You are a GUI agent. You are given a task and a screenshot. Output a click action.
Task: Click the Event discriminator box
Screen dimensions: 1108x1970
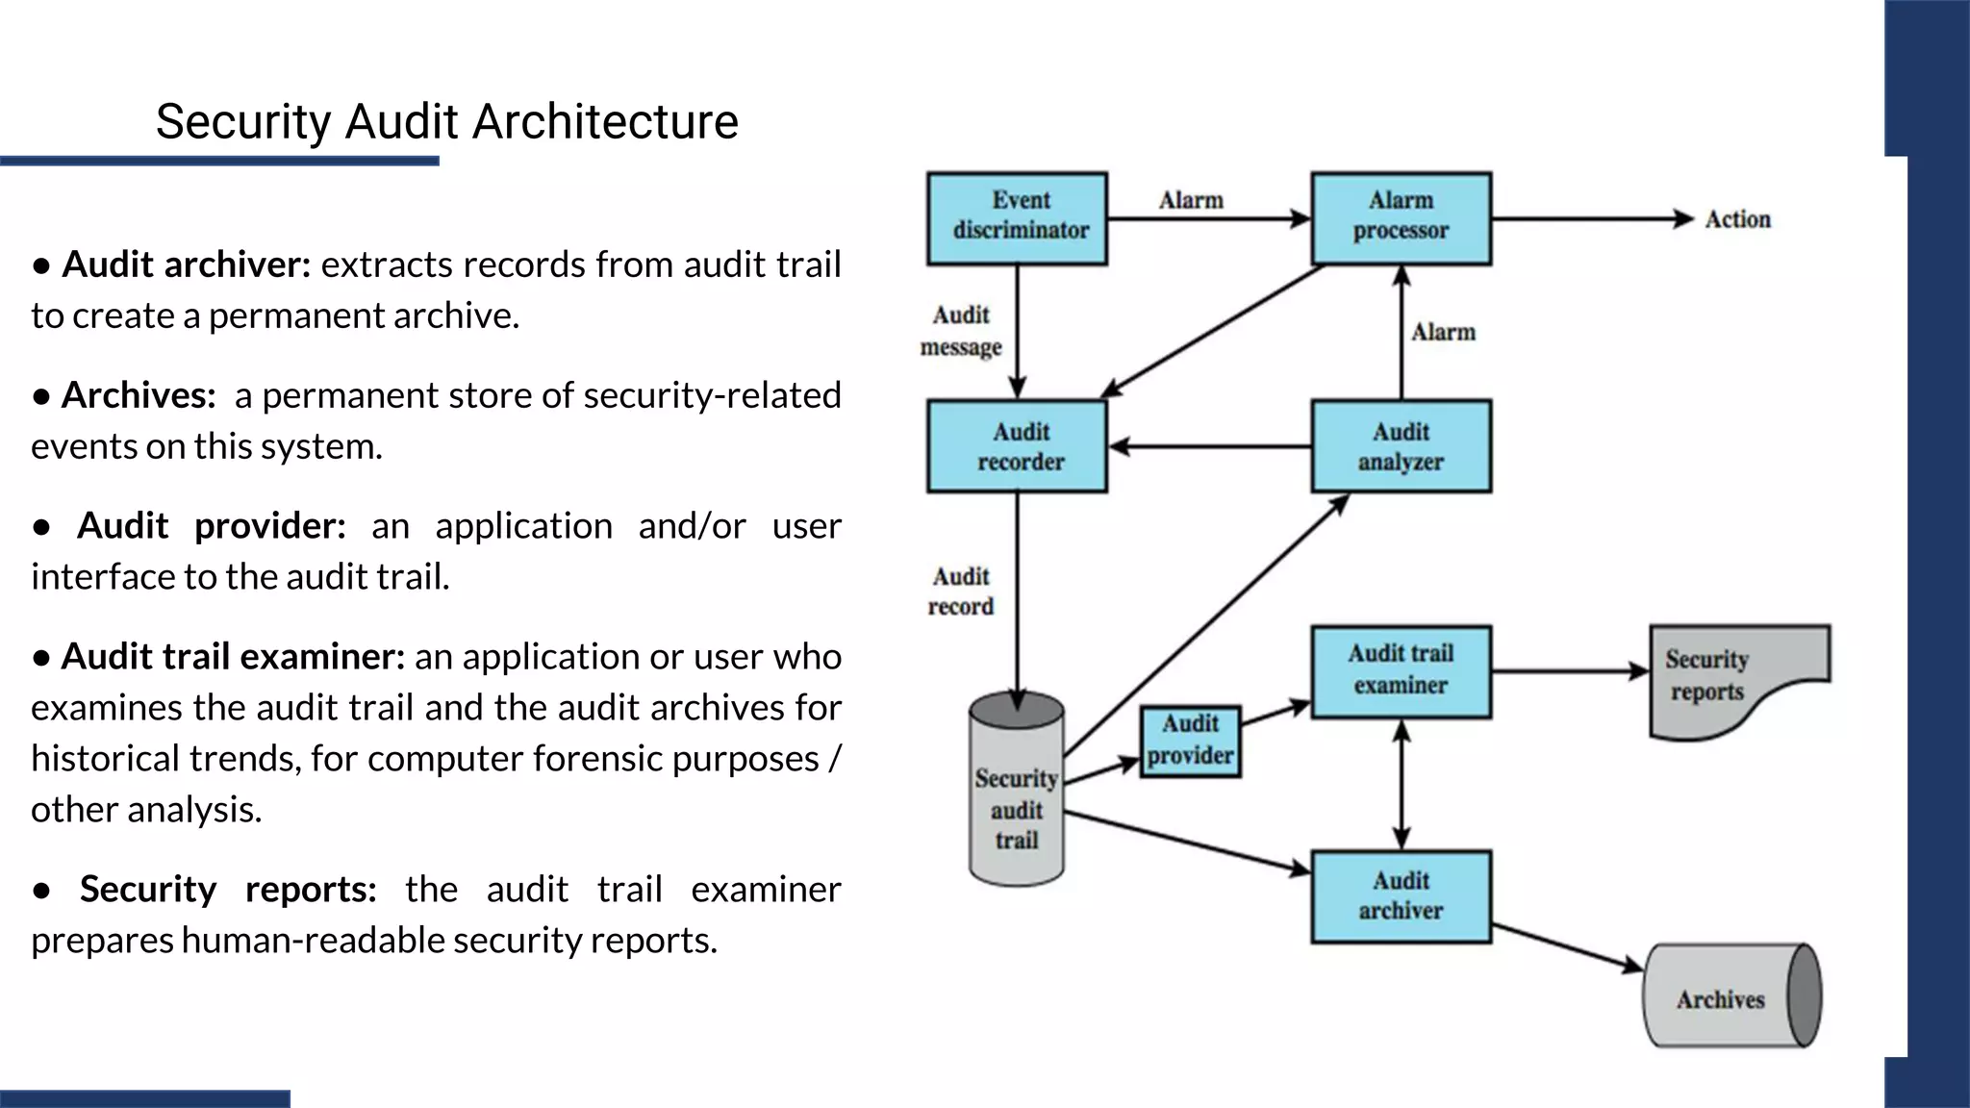[1017, 218]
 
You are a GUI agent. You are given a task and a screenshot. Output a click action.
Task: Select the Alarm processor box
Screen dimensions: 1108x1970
[1401, 218]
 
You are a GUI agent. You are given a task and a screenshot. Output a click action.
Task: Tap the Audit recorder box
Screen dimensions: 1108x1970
[1017, 446]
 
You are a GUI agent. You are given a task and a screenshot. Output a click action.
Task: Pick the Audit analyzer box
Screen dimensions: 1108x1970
[1401, 446]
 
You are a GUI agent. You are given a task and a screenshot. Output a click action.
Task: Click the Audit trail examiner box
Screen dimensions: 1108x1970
[1401, 671]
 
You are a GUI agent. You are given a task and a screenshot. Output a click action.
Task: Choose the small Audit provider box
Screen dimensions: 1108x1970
[1190, 742]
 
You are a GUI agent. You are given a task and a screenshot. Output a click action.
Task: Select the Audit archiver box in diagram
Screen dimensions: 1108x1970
[1401, 895]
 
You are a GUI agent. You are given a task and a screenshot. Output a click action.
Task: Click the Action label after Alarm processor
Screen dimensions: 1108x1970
[1737, 219]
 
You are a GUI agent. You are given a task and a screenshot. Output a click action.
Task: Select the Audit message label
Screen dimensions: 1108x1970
[960, 331]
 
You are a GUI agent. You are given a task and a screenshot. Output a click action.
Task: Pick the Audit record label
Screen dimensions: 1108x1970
[960, 592]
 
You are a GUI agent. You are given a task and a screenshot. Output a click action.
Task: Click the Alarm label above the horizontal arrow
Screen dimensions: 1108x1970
[1191, 200]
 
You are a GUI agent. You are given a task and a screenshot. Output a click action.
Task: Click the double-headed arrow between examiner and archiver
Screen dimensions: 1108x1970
[1402, 784]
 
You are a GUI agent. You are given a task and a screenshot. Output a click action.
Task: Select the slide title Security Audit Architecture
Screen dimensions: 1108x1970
[446, 122]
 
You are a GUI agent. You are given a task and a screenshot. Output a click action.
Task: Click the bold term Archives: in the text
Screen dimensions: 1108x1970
[139, 395]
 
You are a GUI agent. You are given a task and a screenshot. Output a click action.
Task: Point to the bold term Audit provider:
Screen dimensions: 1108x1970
[211, 526]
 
